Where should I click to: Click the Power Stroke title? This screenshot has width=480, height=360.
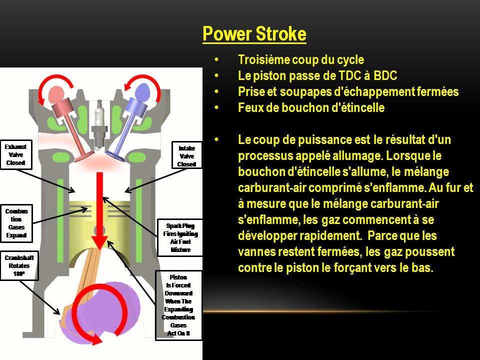pos(254,34)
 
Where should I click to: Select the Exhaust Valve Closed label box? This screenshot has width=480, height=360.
pos(15,155)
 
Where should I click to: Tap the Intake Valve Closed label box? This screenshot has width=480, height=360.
pos(186,156)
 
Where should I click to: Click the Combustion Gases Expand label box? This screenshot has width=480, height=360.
pos(16,223)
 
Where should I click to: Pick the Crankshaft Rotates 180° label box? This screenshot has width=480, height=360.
pos(19,266)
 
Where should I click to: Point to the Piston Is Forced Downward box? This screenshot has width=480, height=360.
pos(178,305)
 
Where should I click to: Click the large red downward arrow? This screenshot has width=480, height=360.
pos(100,210)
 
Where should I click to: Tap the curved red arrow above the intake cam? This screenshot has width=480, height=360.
pos(150,90)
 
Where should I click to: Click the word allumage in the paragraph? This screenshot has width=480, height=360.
pos(352,155)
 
